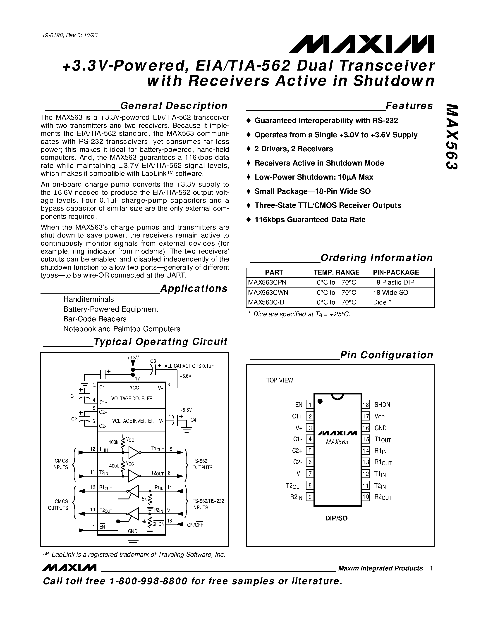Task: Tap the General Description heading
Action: pos(174,106)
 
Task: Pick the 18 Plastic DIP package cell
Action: pos(394,282)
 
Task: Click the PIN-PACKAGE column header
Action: pos(396,272)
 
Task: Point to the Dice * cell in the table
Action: pos(382,302)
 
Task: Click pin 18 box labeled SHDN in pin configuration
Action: pos(366,405)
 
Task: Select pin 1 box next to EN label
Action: pos(309,404)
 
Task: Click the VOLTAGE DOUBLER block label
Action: pos(132,399)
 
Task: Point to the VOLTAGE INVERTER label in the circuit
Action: pos(133,421)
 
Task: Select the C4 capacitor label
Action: pos(193,420)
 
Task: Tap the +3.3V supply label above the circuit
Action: pos(133,357)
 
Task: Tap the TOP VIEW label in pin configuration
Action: pos(279,380)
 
